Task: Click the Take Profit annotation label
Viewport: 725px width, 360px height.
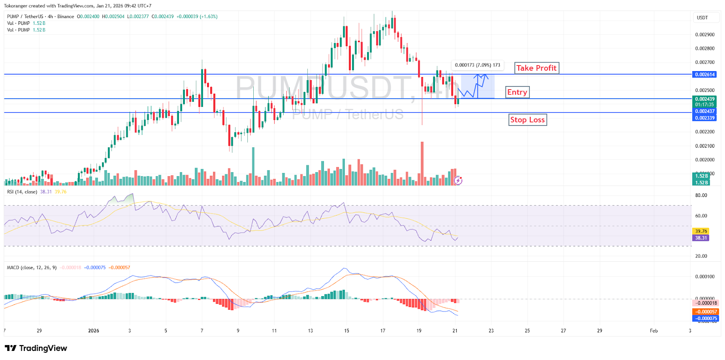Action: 536,68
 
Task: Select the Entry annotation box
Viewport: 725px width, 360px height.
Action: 517,92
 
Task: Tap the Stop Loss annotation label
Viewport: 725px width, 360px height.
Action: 527,120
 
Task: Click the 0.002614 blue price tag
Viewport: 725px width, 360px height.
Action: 705,75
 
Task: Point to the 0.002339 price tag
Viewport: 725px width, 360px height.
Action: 705,118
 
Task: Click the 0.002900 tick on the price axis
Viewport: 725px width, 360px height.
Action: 705,35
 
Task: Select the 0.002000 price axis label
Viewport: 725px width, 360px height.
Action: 705,160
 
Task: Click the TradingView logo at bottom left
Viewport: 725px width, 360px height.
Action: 36,348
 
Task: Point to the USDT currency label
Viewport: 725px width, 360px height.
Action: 702,18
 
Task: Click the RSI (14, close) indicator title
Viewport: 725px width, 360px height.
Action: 22,192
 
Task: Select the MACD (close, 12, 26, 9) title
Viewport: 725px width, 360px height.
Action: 32,268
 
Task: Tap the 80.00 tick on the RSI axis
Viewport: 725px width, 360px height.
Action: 701,196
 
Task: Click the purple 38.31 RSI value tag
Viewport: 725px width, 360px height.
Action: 701,238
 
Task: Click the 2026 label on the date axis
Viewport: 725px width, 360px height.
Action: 93,331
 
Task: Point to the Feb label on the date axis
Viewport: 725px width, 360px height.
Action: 653,331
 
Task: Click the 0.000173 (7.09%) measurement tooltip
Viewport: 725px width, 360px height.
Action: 477,65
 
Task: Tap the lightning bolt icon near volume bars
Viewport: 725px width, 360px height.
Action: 458,181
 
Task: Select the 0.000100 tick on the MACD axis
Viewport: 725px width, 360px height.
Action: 705,277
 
